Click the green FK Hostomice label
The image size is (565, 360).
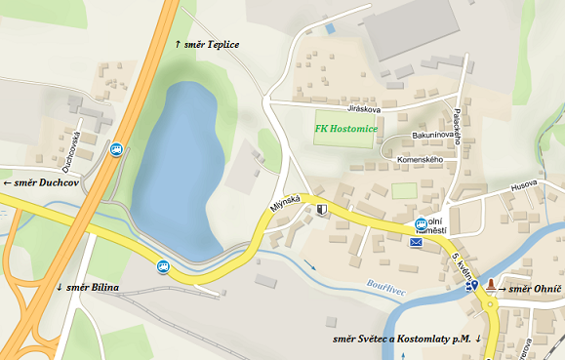click(346, 128)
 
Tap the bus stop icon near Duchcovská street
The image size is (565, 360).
click(116, 149)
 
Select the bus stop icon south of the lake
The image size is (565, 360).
click(162, 263)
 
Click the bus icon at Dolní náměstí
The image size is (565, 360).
click(421, 223)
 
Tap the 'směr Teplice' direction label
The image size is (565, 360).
click(206, 45)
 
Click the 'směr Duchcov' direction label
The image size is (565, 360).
click(41, 182)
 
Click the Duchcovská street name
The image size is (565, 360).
click(71, 147)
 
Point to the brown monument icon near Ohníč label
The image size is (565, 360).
click(490, 287)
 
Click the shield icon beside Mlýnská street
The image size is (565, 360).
click(322, 209)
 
